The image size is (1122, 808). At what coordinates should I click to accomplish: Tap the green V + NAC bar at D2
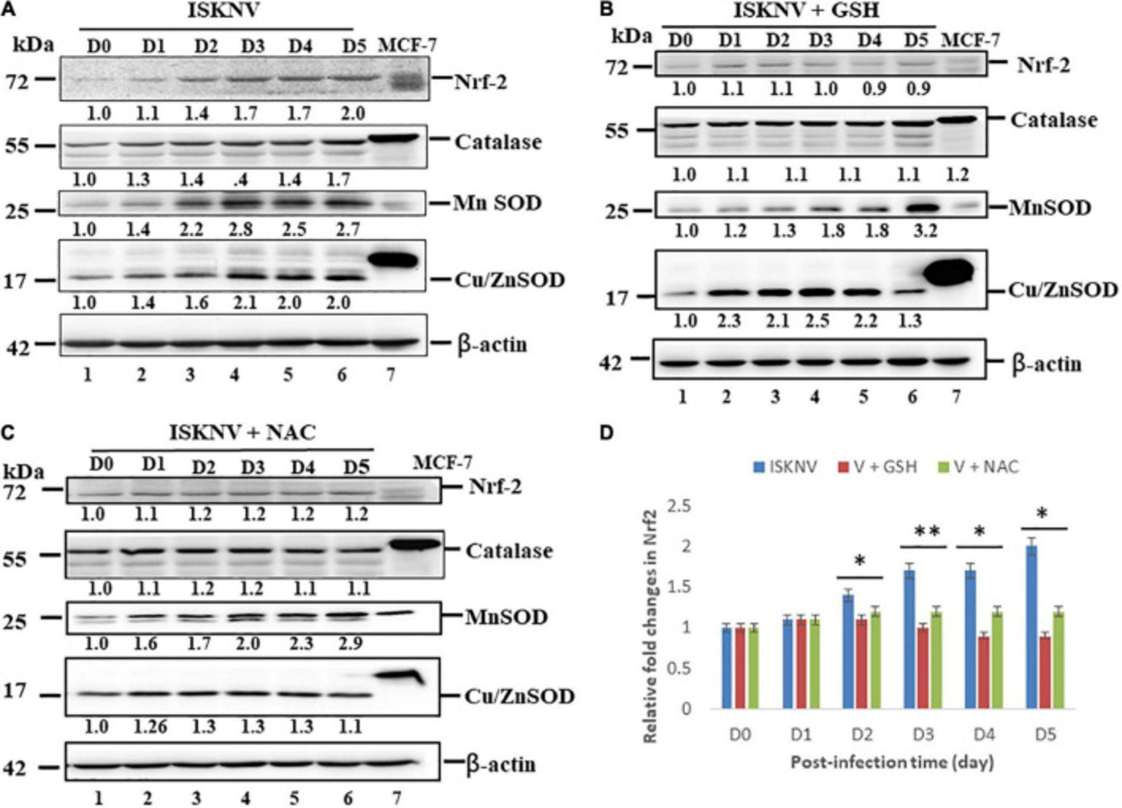coord(875,659)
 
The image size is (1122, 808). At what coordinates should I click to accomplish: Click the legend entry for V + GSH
coord(878,466)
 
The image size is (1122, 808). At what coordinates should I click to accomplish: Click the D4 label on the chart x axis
coord(984,734)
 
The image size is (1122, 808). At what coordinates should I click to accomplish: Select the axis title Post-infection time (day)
coord(892,762)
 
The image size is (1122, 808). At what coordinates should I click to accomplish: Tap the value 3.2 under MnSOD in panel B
coord(925,231)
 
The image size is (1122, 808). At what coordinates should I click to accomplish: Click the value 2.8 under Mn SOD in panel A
coord(240,229)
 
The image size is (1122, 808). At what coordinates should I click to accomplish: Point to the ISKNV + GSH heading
coord(806,10)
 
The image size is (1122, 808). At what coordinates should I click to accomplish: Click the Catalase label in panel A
coord(498,142)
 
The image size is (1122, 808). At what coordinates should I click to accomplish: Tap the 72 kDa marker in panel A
coord(18,81)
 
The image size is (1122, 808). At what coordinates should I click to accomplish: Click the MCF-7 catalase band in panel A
coord(394,138)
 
